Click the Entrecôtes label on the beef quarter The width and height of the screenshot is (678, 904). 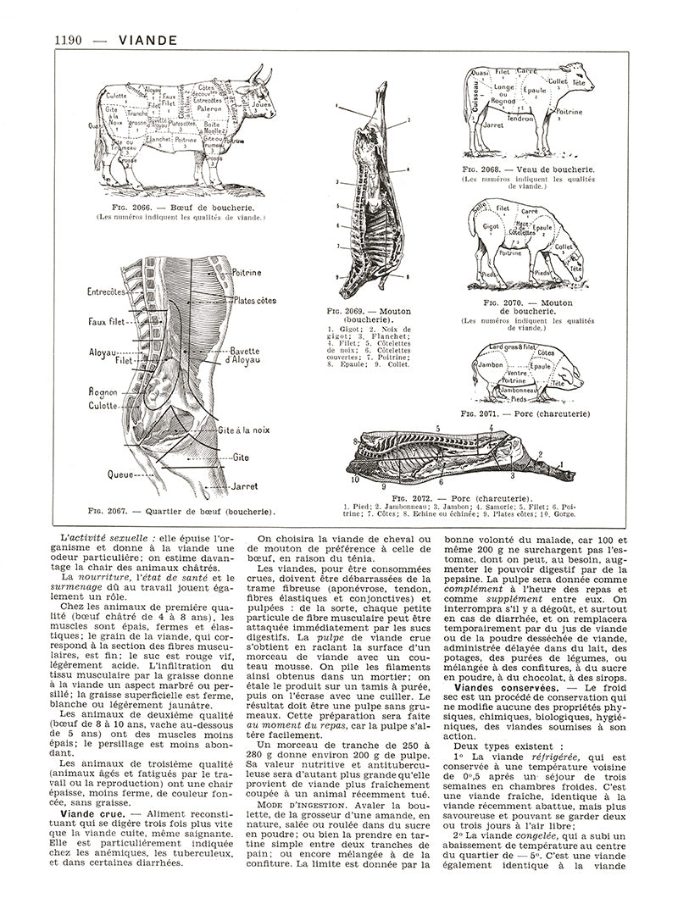click(x=107, y=291)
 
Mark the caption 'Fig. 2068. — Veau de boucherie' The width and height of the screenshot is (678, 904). click(x=525, y=169)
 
